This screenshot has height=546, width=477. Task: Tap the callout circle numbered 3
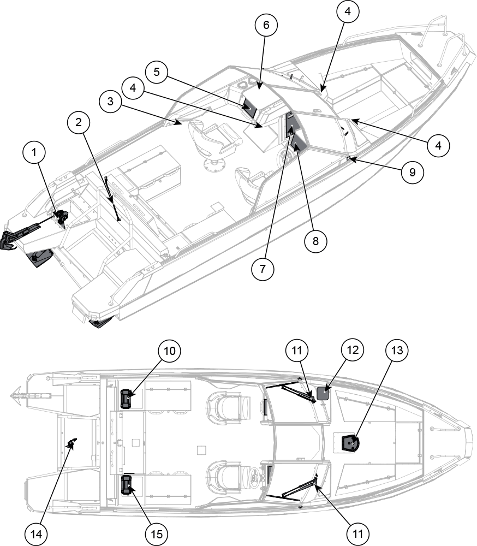(111, 102)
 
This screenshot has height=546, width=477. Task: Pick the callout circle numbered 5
(156, 73)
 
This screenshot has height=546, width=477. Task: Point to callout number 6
(266, 25)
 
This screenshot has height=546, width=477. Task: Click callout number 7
(264, 269)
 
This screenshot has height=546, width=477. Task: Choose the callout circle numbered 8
(315, 241)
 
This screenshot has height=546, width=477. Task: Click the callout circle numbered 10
(170, 351)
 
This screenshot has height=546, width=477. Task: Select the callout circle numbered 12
(353, 351)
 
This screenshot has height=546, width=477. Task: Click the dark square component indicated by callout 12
(323, 394)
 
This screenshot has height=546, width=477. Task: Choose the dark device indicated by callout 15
(127, 484)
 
